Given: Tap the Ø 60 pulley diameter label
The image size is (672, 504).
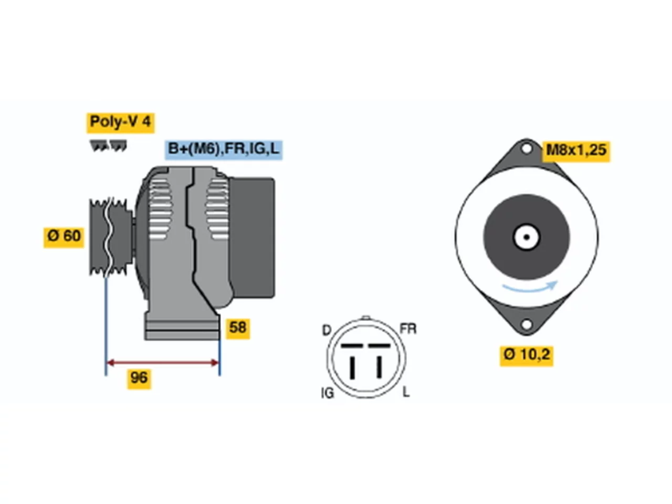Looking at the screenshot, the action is (64, 237).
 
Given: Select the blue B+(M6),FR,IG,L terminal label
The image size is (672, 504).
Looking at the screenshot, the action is (224, 150).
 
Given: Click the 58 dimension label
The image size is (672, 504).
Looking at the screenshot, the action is (238, 329).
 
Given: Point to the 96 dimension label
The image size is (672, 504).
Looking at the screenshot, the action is (139, 379).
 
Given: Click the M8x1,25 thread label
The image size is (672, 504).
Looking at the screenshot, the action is (576, 151).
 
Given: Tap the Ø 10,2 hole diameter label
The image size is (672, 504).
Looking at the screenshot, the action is (526, 355).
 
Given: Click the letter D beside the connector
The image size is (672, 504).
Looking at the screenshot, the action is (327, 331).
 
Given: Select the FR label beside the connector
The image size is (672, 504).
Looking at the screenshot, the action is (408, 329).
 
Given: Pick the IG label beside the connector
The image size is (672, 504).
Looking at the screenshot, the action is (327, 393).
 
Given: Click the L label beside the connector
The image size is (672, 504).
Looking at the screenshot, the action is (406, 392).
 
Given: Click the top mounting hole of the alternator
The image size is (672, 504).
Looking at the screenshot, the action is (526, 149).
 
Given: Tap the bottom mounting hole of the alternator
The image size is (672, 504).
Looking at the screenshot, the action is (526, 324).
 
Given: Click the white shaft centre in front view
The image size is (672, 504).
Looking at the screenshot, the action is (526, 237).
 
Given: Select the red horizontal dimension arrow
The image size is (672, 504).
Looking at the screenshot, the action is (163, 363).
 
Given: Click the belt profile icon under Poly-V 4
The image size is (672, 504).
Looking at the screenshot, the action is (108, 145).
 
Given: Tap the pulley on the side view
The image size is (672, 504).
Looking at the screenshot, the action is (111, 237).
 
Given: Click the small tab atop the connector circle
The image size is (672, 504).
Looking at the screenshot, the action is (366, 318).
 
